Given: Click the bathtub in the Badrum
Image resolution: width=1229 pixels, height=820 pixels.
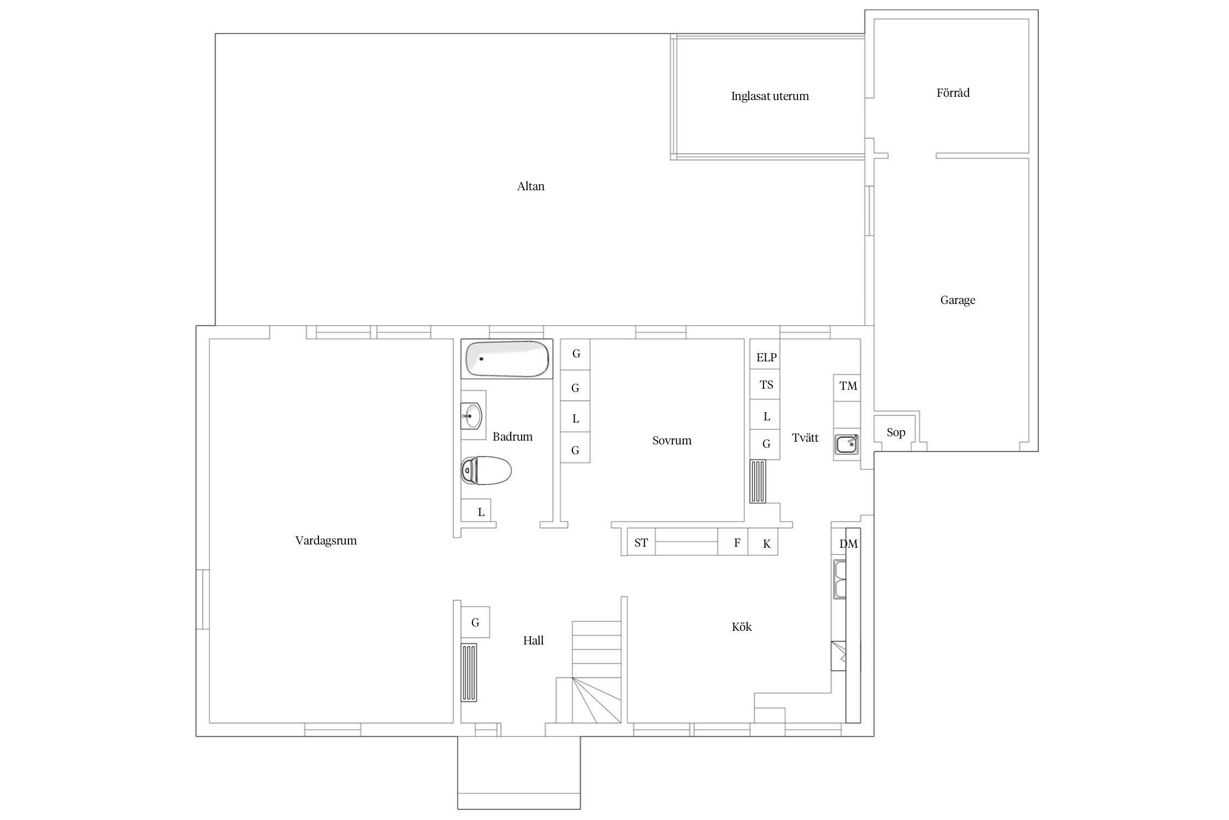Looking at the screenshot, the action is (507, 359).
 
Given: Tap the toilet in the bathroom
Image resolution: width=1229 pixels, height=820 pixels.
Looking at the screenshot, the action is (486, 471).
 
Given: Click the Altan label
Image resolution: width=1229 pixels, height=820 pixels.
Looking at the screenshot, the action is (530, 186).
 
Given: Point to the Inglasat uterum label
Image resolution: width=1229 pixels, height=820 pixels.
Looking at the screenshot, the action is (770, 96).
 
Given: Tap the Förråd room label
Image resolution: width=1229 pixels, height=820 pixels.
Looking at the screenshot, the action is (953, 93).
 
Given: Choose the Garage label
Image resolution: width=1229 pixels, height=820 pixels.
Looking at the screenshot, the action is (958, 300).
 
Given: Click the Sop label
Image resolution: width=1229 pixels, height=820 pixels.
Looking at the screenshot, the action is (896, 432).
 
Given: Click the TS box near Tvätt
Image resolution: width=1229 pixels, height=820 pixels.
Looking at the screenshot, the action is (765, 385).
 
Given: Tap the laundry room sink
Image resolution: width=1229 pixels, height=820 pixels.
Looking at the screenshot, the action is (847, 444).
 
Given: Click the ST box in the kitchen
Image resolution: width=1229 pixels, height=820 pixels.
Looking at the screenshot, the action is (641, 542).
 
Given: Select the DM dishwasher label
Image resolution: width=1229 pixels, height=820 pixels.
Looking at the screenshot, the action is (848, 544).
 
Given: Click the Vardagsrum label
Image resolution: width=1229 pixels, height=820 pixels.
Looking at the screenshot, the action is (326, 541).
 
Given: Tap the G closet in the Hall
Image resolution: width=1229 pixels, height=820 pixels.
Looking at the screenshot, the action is (475, 622).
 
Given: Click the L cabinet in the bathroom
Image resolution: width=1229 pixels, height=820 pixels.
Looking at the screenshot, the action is (476, 510).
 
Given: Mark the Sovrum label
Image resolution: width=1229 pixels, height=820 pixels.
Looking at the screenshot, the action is (672, 441).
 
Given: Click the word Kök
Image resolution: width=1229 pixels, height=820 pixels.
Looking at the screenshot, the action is (742, 627).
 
